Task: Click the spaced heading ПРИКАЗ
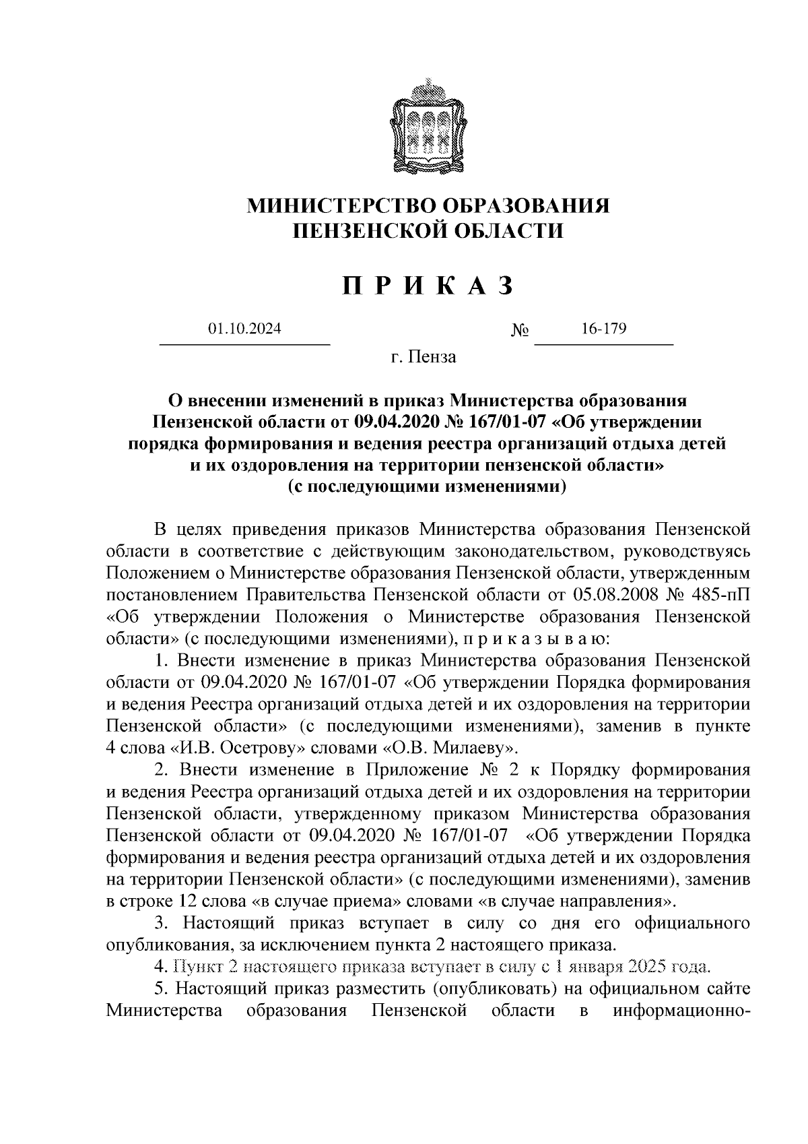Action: click(x=429, y=286)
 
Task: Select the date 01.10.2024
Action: click(x=244, y=329)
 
